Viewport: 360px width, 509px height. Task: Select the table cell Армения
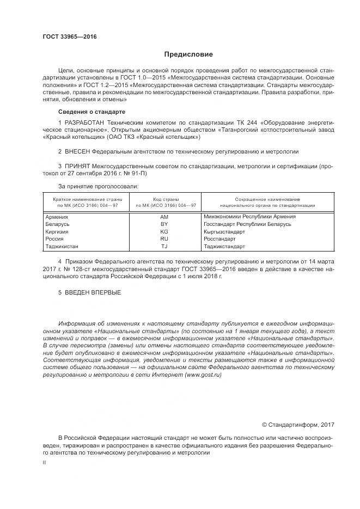pyautogui.click(x=57, y=217)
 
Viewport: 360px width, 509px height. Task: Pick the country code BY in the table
pyautogui.click(x=164, y=224)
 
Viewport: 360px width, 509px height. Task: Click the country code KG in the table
pyautogui.click(x=164, y=231)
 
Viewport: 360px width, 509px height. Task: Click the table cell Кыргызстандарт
pyautogui.click(x=224, y=231)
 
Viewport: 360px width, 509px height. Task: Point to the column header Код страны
pyautogui.click(x=164, y=200)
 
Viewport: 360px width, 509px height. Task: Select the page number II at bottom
pyautogui.click(x=44, y=463)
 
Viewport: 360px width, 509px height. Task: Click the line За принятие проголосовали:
pyautogui.click(x=98, y=186)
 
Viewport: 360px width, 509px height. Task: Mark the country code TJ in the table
pyautogui.click(x=164, y=246)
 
